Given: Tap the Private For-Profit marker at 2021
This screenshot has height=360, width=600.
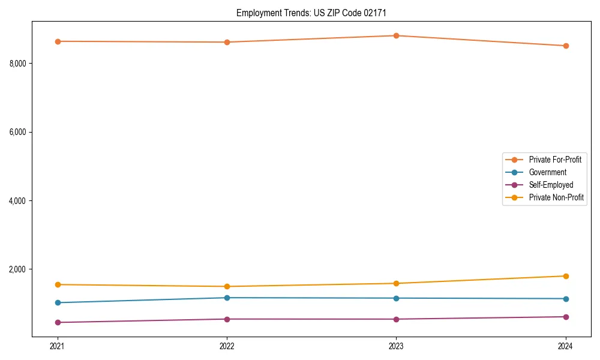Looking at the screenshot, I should pyautogui.click(x=58, y=41).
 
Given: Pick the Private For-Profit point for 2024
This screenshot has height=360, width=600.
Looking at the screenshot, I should pyautogui.click(x=566, y=46).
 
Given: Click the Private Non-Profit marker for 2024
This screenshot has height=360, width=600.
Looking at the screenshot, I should pyautogui.click(x=566, y=276).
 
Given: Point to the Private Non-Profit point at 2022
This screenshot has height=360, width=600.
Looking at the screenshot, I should pyautogui.click(x=227, y=286).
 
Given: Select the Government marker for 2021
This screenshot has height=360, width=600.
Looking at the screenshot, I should pyautogui.click(x=58, y=302).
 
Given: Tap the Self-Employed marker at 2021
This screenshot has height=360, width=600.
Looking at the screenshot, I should pyautogui.click(x=58, y=322).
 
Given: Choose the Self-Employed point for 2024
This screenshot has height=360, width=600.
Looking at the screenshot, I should pyautogui.click(x=566, y=317).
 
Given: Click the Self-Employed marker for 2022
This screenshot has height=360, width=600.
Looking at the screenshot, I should pyautogui.click(x=227, y=319).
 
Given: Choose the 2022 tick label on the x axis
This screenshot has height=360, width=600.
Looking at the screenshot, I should pyautogui.click(x=227, y=346).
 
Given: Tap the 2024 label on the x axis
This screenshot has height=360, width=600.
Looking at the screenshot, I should pyautogui.click(x=566, y=346).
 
